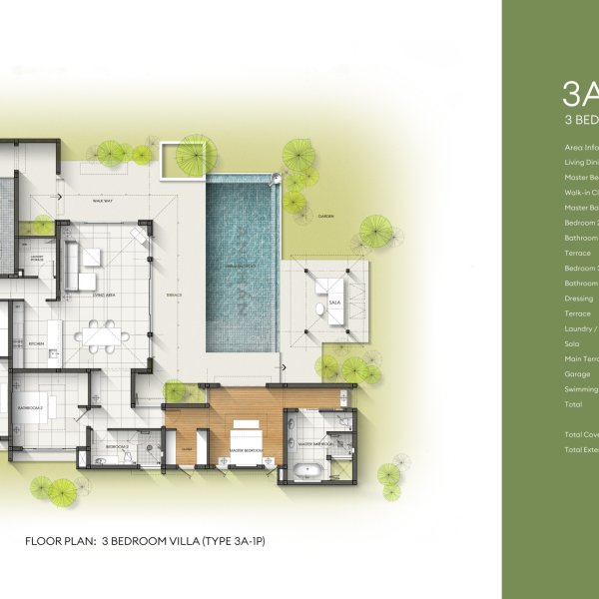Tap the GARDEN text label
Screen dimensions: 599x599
pos(325,216)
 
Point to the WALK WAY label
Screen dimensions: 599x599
pos(101,200)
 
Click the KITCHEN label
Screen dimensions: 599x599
pos(36,343)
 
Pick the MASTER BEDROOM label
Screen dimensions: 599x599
pos(245,450)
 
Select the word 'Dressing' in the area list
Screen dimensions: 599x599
pos(579,298)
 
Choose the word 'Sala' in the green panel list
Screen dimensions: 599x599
pos(572,343)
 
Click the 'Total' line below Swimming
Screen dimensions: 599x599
pos(573,404)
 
